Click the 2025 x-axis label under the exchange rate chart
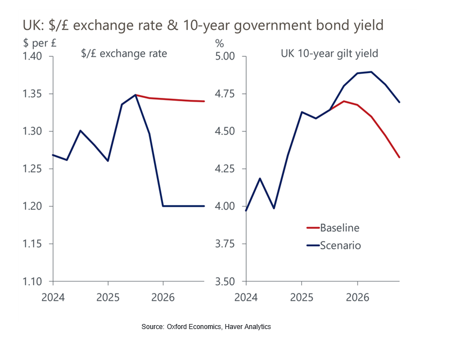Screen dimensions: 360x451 [x=107, y=295]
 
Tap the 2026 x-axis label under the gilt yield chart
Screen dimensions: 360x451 [x=357, y=295]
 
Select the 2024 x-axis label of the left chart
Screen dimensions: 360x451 [x=52, y=295]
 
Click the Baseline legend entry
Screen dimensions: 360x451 [x=339, y=228]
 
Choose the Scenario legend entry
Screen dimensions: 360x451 [x=340, y=245]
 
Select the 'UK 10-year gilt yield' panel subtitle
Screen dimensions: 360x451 [x=329, y=54]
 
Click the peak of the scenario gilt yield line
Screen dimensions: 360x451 [x=371, y=71]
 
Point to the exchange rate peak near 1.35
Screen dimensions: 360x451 [x=136, y=94]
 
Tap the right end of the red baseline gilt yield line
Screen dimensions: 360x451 [x=399, y=157]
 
